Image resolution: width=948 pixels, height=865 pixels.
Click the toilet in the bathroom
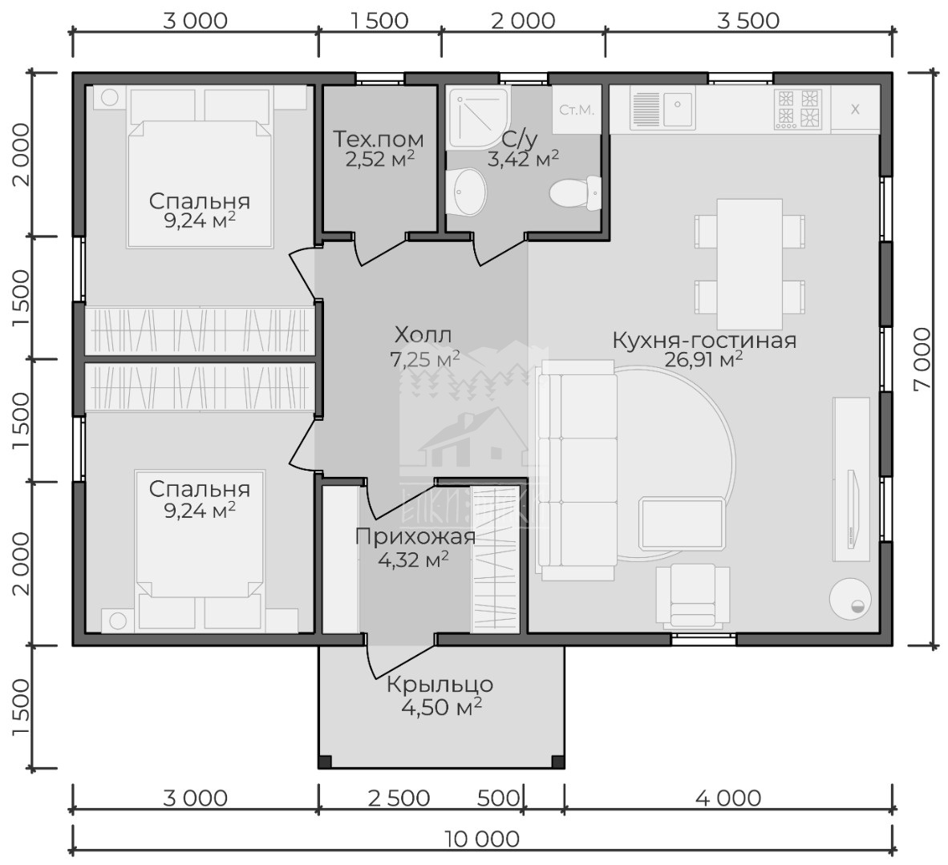(575, 193)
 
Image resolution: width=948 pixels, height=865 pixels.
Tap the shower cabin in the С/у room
(479, 119)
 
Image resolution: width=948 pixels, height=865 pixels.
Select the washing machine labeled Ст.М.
(576, 109)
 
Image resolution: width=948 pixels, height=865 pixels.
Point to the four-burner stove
(799, 109)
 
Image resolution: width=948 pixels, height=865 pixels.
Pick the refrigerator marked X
(855, 109)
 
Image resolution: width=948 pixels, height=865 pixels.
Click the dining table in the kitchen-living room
(750, 265)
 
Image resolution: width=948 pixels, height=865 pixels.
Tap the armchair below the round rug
(693, 596)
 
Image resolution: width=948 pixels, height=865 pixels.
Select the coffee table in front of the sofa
(682, 523)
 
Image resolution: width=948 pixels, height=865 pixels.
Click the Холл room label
(423, 334)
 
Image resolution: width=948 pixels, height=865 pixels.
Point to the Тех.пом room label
(379, 139)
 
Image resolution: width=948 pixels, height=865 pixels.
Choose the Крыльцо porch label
(440, 685)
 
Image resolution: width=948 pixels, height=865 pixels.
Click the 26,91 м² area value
(703, 360)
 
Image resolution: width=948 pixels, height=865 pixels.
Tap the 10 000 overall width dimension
(482, 839)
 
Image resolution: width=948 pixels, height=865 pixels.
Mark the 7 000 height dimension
(922, 359)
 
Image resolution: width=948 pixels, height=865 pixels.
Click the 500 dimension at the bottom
(498, 798)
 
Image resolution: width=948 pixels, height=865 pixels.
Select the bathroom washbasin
(467, 192)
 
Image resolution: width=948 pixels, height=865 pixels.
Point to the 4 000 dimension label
(728, 798)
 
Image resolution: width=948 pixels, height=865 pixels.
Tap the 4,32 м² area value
(413, 560)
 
